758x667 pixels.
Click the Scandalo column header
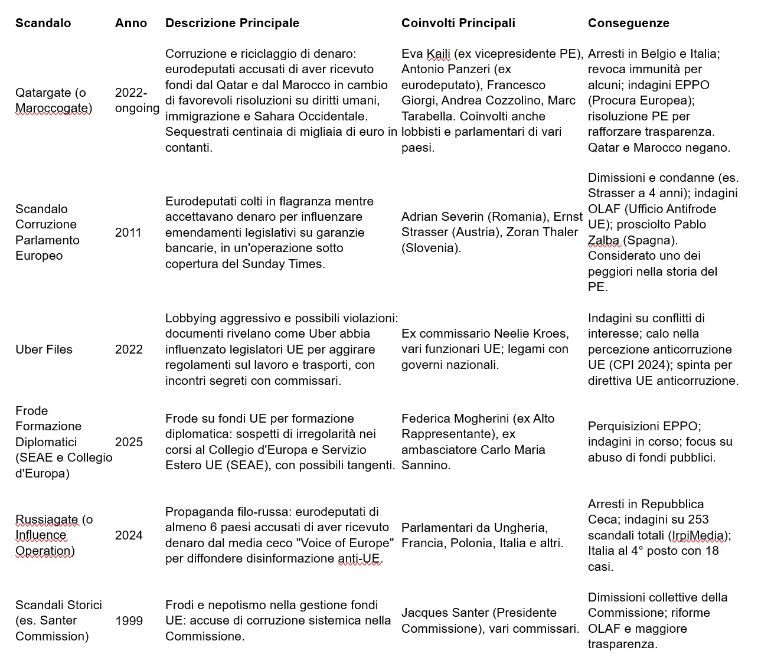(x=43, y=23)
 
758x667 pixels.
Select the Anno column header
(x=131, y=23)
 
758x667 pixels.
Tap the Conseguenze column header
(x=628, y=23)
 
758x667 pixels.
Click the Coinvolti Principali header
(x=458, y=23)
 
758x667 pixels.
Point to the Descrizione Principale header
(x=232, y=23)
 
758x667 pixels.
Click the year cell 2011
(x=129, y=232)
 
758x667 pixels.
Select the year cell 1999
(x=129, y=620)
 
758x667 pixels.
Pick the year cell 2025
(x=129, y=442)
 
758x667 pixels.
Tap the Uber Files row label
(x=44, y=349)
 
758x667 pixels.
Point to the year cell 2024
(x=129, y=535)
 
